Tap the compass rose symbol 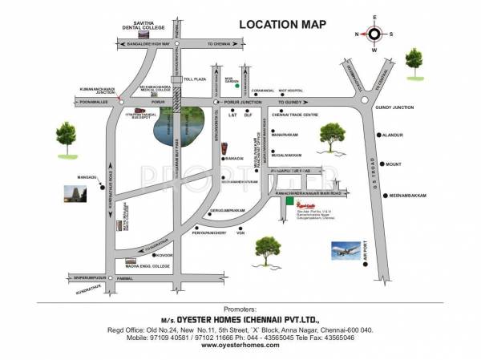click(374, 34)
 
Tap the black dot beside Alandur click(378, 136)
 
